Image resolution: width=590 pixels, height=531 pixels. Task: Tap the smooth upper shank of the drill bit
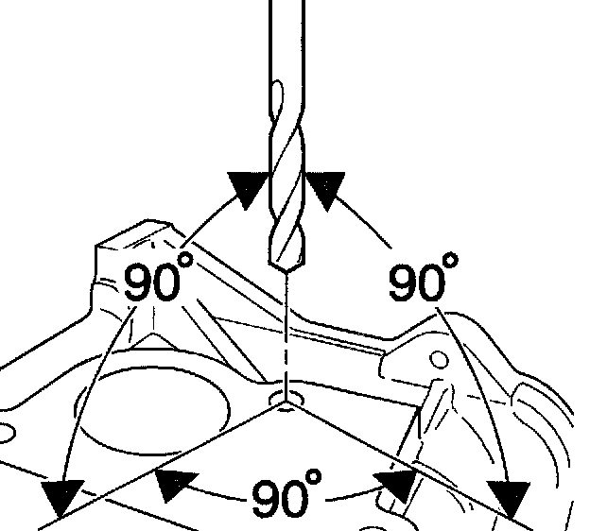286,38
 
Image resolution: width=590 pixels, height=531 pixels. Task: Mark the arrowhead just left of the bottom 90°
175,484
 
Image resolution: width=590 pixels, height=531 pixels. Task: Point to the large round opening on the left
151,411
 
